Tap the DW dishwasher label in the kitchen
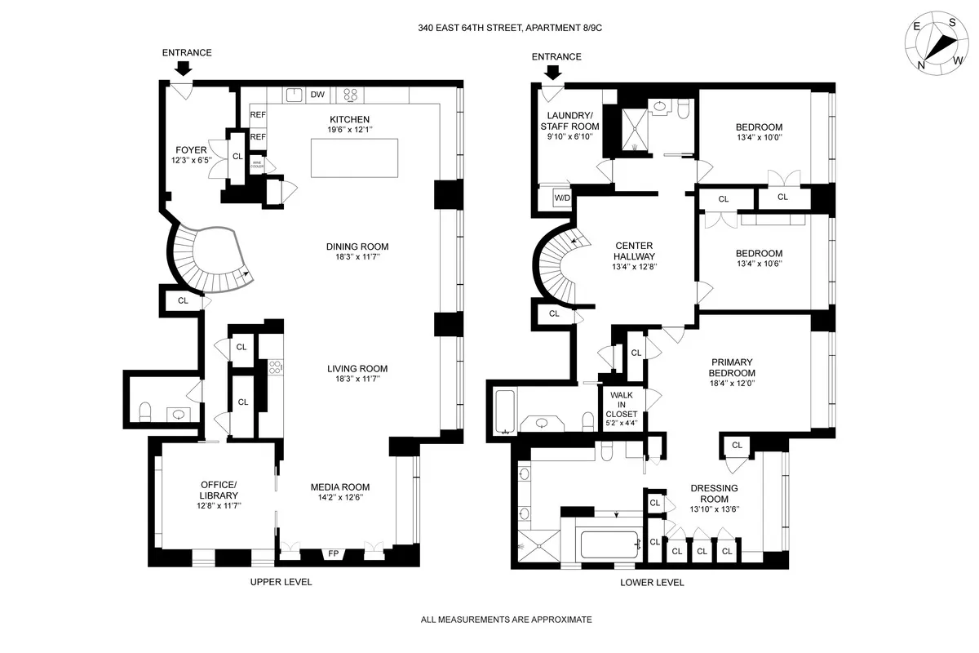[x=318, y=95]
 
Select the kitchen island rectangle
[x=354, y=158]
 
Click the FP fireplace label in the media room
[x=334, y=554]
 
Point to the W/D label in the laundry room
[x=563, y=198]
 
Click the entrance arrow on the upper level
[x=185, y=69]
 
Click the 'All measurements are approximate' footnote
[x=506, y=620]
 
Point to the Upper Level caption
[x=281, y=582]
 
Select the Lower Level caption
[x=652, y=583]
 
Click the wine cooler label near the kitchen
[x=258, y=165]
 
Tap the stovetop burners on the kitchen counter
[x=350, y=95]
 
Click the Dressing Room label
[x=714, y=493]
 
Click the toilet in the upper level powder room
[x=144, y=409]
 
